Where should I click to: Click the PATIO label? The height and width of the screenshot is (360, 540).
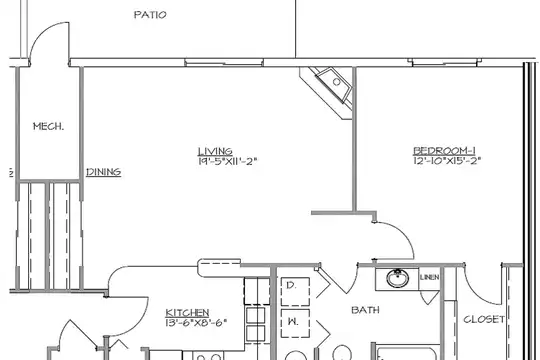coord(150,15)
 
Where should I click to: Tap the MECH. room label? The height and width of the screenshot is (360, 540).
coord(48,126)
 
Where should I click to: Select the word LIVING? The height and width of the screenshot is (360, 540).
coord(215,151)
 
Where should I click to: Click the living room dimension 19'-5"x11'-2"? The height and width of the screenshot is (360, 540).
coord(228,161)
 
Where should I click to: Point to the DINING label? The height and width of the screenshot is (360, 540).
coord(104,172)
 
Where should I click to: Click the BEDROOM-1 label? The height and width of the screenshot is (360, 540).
coord(444,151)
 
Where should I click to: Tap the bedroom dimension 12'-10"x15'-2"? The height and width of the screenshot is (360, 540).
coord(447,161)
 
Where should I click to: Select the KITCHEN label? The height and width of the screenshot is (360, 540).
coord(187,313)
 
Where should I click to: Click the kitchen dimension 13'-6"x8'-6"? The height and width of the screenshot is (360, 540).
coord(196,323)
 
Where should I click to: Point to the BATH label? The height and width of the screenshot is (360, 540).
coord(365,310)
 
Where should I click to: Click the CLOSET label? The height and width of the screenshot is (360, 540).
coord(484,319)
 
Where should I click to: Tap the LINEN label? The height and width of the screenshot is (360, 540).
coord(429,277)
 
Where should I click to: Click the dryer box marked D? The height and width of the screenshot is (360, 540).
coord(295,291)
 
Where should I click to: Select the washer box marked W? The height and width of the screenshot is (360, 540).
coord(295,323)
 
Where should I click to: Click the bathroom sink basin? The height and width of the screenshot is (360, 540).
coord(397,278)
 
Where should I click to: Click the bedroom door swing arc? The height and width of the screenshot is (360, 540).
coord(405,234)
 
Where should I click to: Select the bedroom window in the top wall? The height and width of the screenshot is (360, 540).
coord(445,62)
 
